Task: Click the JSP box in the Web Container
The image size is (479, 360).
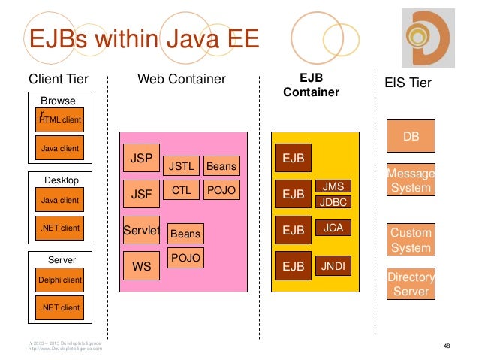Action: point(141,159)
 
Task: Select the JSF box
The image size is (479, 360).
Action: point(141,193)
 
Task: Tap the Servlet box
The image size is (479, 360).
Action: point(141,231)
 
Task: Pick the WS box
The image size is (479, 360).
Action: point(141,266)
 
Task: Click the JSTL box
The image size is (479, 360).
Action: point(181,166)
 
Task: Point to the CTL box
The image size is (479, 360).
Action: point(181,191)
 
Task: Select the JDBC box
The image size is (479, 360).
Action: point(332,201)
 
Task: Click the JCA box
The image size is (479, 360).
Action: point(332,226)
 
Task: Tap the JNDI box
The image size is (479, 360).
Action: point(332,265)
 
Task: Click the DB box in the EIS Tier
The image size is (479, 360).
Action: point(411,137)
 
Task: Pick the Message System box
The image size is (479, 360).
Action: point(411,180)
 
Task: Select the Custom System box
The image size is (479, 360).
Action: point(411,241)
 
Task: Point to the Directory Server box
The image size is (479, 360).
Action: point(411,285)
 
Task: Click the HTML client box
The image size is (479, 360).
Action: point(60,119)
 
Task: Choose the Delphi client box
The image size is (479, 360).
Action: point(60,280)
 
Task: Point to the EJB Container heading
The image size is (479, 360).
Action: point(311,85)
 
